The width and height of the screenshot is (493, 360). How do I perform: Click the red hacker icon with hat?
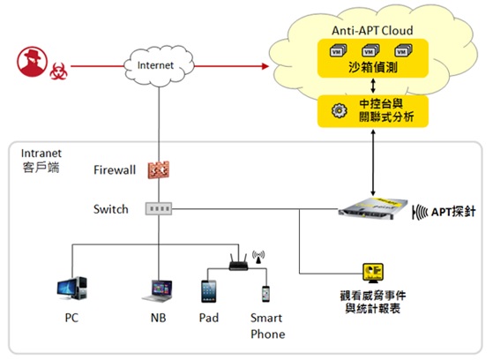click(32, 62)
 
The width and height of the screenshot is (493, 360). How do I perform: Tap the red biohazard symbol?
click(58, 71)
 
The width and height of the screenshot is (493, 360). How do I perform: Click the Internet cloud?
click(159, 66)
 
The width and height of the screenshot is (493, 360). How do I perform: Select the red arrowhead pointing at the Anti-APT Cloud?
click(265, 66)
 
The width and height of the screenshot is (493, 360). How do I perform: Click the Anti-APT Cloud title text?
click(372, 31)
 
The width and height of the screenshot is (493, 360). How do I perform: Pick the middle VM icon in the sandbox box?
click(370, 50)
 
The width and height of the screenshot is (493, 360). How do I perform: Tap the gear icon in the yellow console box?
click(339, 111)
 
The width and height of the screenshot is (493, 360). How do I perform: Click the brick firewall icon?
click(159, 170)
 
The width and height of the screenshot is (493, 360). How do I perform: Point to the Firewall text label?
click(115, 170)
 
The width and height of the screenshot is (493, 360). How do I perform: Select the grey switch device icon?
click(159, 208)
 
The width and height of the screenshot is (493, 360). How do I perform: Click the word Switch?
click(110, 209)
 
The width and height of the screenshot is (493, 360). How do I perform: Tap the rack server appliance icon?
click(373, 207)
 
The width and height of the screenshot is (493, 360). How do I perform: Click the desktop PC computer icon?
click(72, 288)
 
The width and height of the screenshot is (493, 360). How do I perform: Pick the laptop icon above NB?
click(158, 291)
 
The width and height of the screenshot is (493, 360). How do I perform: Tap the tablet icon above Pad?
click(208, 291)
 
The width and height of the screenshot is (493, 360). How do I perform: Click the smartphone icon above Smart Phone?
click(265, 294)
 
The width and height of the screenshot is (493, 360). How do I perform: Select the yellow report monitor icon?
click(373, 273)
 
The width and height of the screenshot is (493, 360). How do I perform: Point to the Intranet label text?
click(41, 154)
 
